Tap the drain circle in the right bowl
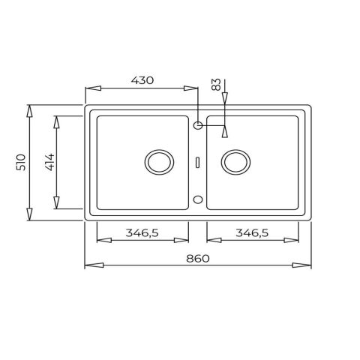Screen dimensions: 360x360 [x=235, y=161]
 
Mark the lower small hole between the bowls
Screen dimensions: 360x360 [x=198, y=199]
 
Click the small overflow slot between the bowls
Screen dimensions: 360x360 [x=196, y=161]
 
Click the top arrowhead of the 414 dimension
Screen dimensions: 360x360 [x=55, y=120]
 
